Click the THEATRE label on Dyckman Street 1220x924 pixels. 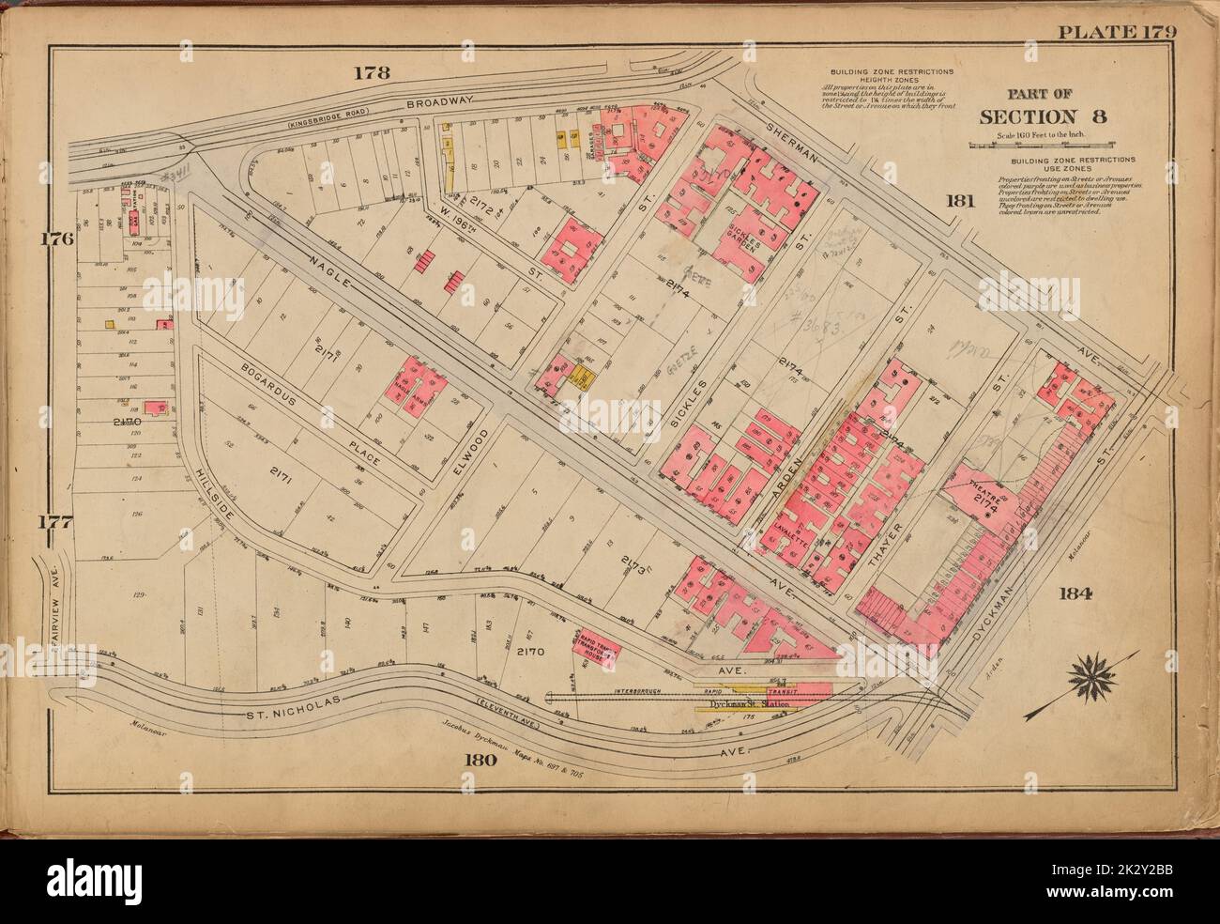coord(985,486)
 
